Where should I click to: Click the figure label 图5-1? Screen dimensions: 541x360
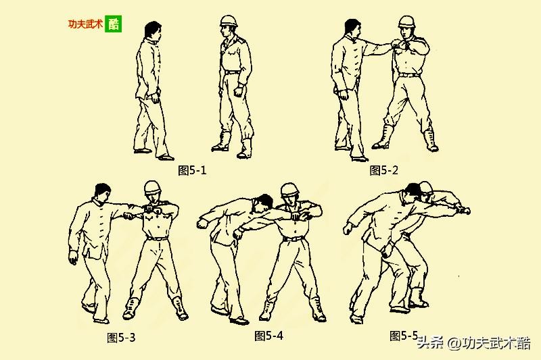(x=192, y=170)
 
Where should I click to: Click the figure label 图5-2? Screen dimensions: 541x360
(x=383, y=170)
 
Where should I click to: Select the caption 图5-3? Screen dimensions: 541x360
(x=121, y=337)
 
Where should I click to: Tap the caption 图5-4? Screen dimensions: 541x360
(x=268, y=336)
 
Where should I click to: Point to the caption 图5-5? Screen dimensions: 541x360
(x=404, y=336)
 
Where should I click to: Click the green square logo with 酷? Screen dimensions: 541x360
(x=113, y=24)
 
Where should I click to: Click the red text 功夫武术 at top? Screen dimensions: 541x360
(x=86, y=24)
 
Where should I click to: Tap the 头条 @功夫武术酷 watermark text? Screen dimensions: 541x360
(x=473, y=343)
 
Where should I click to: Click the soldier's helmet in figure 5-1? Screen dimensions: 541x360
(x=229, y=21)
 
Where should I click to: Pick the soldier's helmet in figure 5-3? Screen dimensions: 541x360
(x=154, y=187)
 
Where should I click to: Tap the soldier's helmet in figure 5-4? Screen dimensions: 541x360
(x=290, y=190)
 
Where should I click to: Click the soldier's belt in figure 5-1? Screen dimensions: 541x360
(x=233, y=72)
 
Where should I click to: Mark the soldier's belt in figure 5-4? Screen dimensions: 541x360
(x=293, y=238)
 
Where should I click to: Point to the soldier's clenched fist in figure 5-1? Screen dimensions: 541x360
(x=238, y=92)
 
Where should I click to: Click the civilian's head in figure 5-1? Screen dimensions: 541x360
(x=153, y=31)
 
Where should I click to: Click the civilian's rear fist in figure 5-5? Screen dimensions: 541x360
(x=348, y=228)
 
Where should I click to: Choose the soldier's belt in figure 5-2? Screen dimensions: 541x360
(x=410, y=75)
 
